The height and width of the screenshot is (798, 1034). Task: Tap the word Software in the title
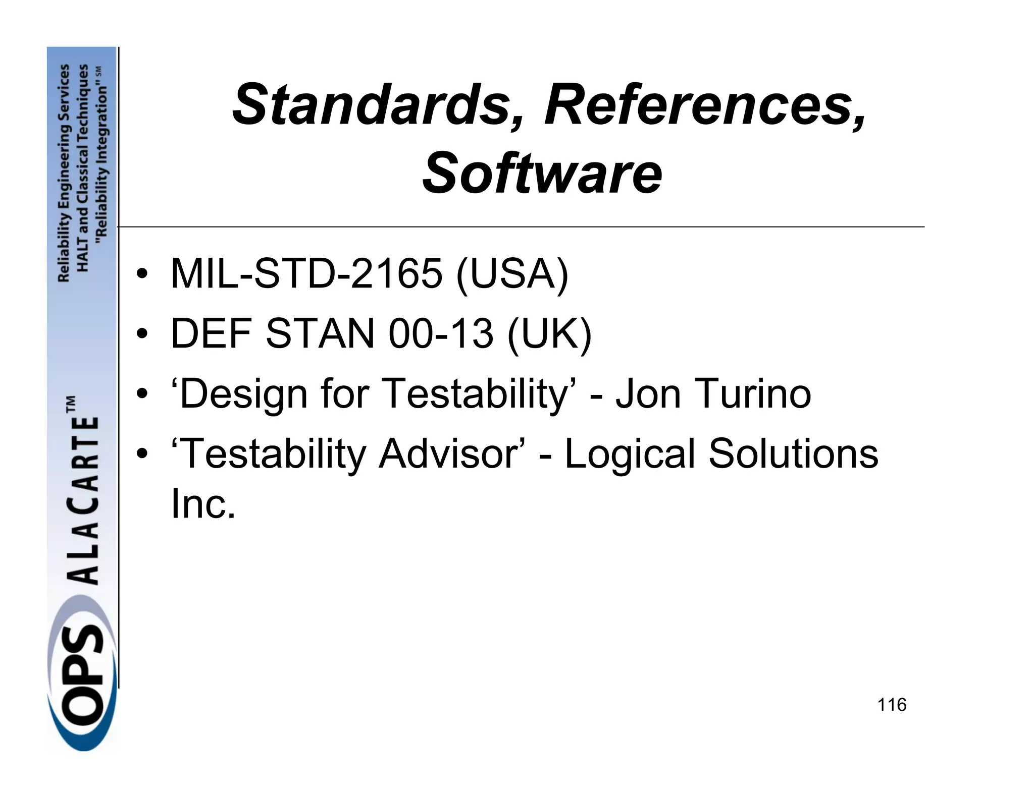pyautogui.click(x=542, y=173)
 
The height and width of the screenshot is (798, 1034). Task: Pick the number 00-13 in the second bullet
pyautogui.click(x=440, y=333)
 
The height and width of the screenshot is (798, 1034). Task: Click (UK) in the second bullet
pyautogui.click(x=549, y=334)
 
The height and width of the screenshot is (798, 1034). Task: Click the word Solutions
pyautogui.click(x=793, y=453)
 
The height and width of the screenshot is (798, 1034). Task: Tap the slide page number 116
pyautogui.click(x=892, y=704)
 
